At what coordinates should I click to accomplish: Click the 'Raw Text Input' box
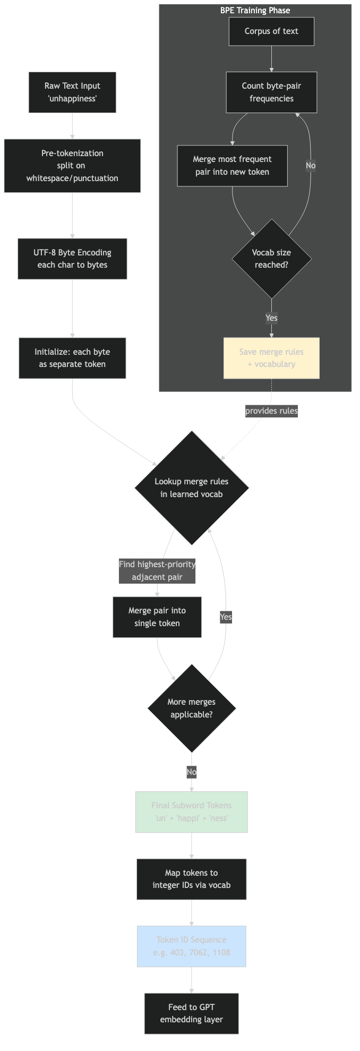pos(72,92)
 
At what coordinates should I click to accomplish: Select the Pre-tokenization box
pos(72,166)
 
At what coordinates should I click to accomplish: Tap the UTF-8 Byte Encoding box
pos(72,259)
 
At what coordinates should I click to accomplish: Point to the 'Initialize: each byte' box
pos(72,358)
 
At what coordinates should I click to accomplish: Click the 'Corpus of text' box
pos(271,31)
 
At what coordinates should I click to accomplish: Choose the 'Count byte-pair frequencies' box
pos(271,92)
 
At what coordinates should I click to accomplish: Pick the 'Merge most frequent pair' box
pos(232,166)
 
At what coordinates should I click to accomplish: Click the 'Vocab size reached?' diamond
pos(271,259)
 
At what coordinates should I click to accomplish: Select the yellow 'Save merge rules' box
pos(271,358)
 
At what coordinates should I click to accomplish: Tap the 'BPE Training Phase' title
pos(255,10)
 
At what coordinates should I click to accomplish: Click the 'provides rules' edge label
pos(271,411)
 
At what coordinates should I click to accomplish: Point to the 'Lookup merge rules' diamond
pos(192,488)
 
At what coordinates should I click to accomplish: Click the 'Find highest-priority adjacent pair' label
pos(157,571)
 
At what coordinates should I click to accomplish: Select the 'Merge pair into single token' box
pos(157,617)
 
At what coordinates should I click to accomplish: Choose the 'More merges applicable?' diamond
pos(192,708)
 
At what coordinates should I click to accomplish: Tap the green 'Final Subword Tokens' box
pos(192,812)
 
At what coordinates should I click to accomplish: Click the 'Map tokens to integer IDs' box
pos(192,879)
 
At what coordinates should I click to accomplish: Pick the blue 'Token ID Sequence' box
pos(192,946)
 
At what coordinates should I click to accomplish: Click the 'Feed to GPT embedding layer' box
pos(192,1013)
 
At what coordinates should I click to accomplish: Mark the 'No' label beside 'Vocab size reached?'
pos(311,166)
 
